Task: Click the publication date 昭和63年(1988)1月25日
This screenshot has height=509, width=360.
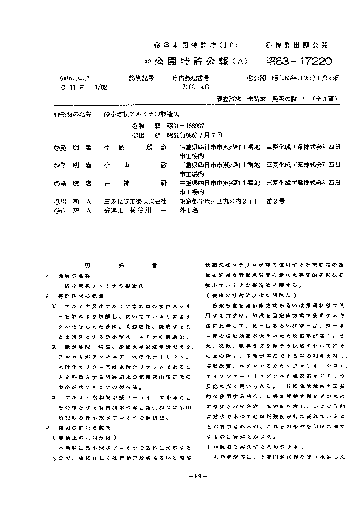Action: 306,78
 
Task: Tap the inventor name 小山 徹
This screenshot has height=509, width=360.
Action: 135,165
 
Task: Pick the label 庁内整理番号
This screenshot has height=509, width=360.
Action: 191,78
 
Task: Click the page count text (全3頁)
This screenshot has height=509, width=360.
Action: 326,98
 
